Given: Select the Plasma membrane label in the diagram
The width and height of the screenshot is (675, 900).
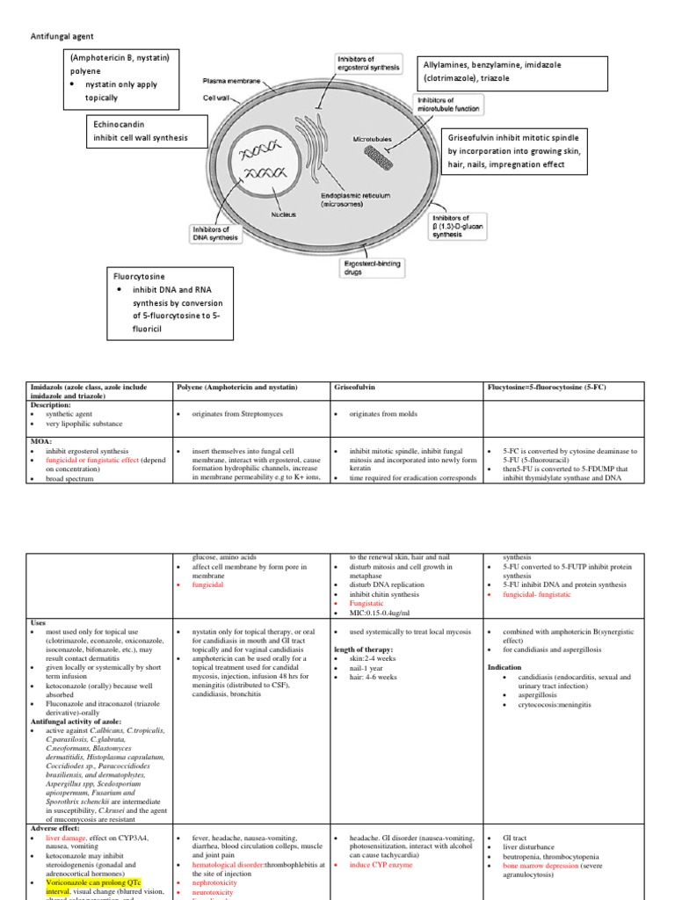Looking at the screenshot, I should coord(231,80).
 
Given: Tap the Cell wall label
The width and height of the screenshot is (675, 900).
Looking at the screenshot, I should coord(216,98).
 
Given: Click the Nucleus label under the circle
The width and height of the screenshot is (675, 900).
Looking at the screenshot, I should coord(283,214).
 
